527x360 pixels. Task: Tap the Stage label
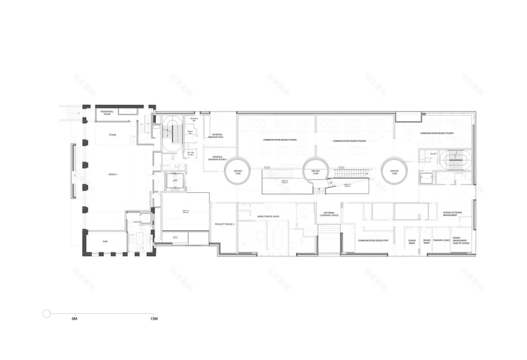click(113, 135)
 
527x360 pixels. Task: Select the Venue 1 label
click(113, 174)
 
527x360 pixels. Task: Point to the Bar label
click(105, 241)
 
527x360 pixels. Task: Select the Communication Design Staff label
click(372, 241)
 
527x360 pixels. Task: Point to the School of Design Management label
click(452, 214)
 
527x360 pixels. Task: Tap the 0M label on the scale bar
click(74, 320)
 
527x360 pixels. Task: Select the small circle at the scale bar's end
click(46, 313)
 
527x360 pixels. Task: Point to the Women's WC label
click(193, 120)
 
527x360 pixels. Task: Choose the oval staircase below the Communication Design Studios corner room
click(459, 159)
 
